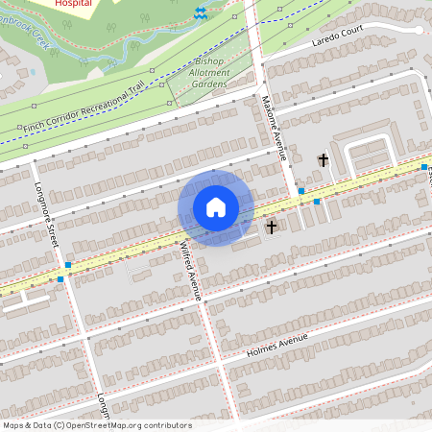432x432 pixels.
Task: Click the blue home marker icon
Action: tap(216, 207)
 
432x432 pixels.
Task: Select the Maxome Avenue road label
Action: tap(276, 127)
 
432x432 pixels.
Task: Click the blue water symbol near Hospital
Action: tap(201, 12)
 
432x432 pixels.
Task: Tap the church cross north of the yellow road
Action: tap(324, 161)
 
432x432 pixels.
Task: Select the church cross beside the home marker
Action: tap(272, 228)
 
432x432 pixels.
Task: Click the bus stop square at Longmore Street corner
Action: tap(68, 265)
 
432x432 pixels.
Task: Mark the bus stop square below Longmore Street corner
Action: tap(60, 279)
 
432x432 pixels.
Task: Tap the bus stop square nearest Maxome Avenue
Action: tap(300, 191)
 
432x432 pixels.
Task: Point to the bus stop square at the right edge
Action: tap(423, 167)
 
